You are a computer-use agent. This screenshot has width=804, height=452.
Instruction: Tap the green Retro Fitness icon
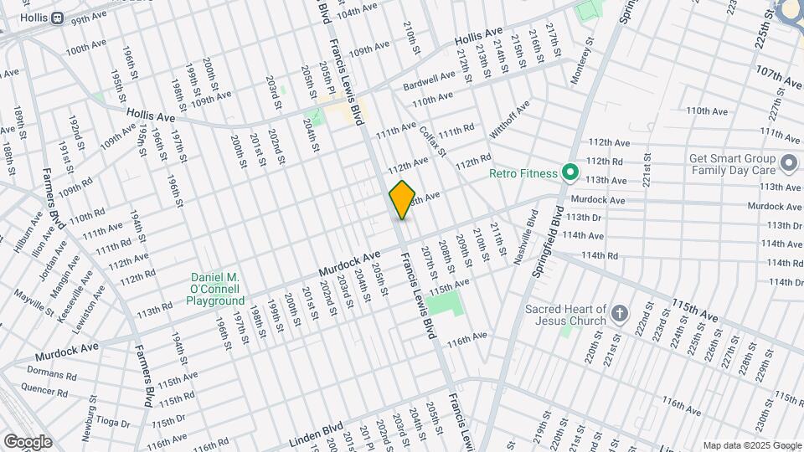570,173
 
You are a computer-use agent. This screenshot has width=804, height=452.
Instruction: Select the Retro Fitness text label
523,174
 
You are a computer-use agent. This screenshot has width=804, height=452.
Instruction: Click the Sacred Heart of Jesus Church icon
619,314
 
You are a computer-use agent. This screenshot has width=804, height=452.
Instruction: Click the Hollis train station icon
57,18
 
